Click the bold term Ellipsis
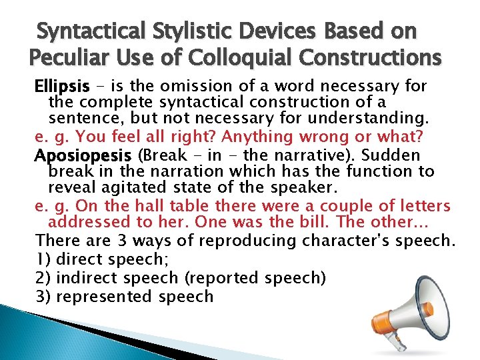tap(62, 87)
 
